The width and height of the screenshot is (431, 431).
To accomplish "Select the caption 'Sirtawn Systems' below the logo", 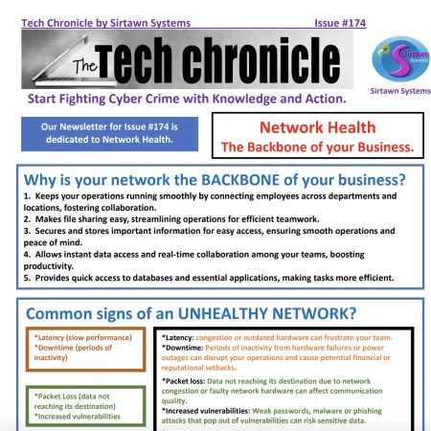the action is (398, 91).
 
